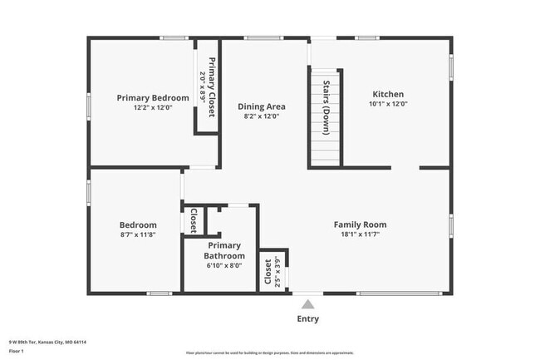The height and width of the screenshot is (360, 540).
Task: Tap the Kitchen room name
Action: pyautogui.click(x=388, y=94)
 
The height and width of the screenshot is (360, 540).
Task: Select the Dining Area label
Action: pyautogui.click(x=262, y=106)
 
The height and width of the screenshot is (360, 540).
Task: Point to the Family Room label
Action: pyautogui.click(x=360, y=224)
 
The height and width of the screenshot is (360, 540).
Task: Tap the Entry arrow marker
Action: pyautogui.click(x=307, y=304)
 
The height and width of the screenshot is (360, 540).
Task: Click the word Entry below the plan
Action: pyautogui.click(x=307, y=318)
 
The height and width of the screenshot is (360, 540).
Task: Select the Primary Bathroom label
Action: pyautogui.click(x=223, y=250)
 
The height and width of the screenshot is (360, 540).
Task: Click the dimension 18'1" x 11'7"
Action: pyautogui.click(x=360, y=234)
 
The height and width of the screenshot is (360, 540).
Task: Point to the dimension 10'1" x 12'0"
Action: pyautogui.click(x=388, y=104)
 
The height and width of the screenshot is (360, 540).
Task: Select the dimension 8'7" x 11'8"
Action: pyautogui.click(x=138, y=235)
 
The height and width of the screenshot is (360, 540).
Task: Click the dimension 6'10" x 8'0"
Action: pyautogui.click(x=223, y=266)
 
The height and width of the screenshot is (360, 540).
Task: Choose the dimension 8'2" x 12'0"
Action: pyautogui.click(x=262, y=116)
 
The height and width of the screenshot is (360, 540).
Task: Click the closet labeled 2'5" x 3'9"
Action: pyautogui.click(x=272, y=272)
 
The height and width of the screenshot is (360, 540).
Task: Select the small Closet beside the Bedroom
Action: pyautogui.click(x=193, y=220)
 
